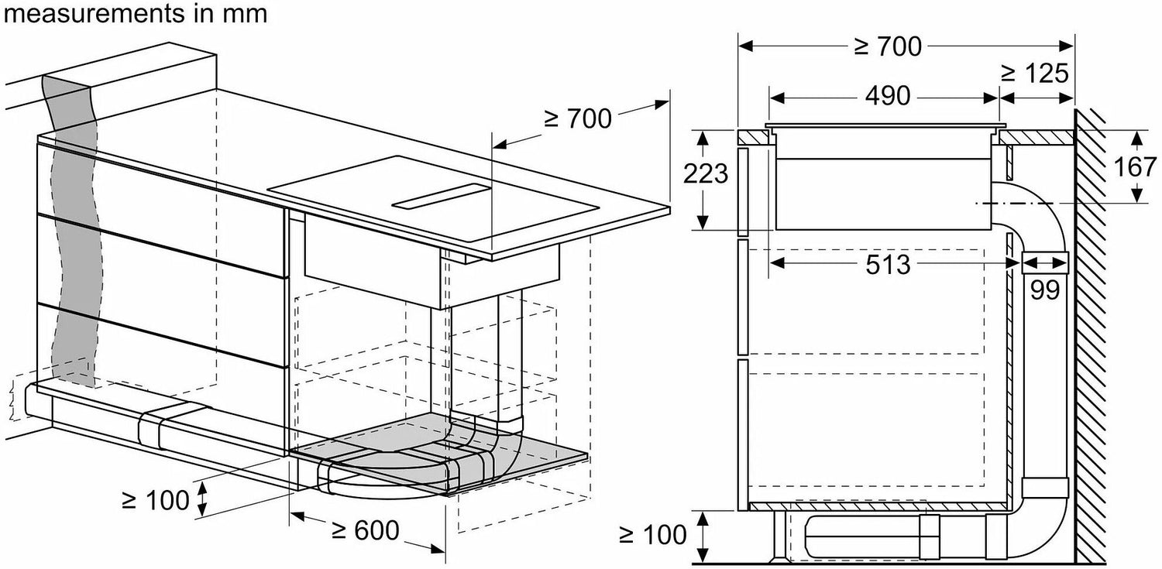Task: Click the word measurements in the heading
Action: click(94, 13)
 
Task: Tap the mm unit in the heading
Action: click(245, 15)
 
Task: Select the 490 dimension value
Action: click(888, 96)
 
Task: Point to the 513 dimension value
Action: click(888, 265)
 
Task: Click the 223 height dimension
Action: click(706, 173)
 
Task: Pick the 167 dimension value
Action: click(1135, 167)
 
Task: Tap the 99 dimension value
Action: click(1045, 290)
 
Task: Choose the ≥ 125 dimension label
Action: click(1035, 73)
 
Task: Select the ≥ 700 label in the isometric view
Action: click(578, 118)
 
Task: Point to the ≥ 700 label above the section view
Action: click(888, 46)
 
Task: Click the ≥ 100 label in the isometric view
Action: click(155, 501)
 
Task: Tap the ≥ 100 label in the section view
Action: click(653, 535)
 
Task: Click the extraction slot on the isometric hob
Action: click(441, 197)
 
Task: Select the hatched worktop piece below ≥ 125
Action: click(1036, 138)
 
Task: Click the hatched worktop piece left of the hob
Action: click(753, 138)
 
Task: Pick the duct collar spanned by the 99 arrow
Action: click(1045, 262)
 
